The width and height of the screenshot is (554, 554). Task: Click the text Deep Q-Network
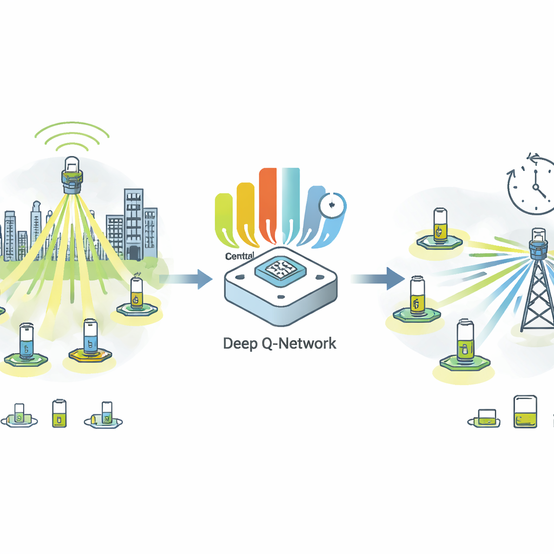point(279,343)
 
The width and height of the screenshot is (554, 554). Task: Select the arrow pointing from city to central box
point(187,279)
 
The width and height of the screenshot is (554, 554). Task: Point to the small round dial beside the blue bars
point(329,206)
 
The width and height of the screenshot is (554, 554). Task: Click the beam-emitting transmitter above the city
point(72,174)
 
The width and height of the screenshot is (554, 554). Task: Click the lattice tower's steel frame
point(537,298)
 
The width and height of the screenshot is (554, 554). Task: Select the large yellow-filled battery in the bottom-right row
point(525,412)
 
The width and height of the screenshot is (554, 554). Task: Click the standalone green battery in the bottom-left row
point(59,414)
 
